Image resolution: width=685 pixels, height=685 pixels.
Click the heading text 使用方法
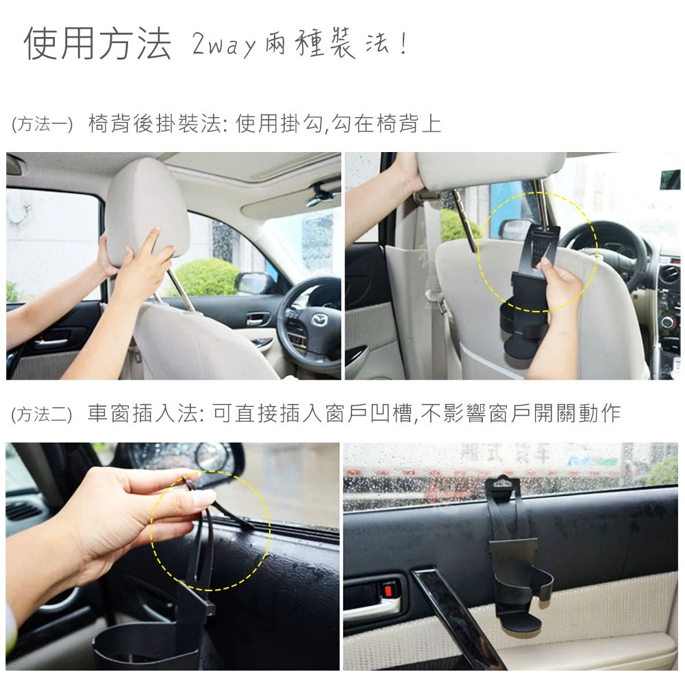[97, 45]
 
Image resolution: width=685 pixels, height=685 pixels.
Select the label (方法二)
[42, 414]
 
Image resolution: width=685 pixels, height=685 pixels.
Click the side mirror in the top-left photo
[255, 282]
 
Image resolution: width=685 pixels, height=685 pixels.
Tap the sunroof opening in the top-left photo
[274, 164]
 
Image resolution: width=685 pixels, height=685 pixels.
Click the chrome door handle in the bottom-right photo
[373, 606]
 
